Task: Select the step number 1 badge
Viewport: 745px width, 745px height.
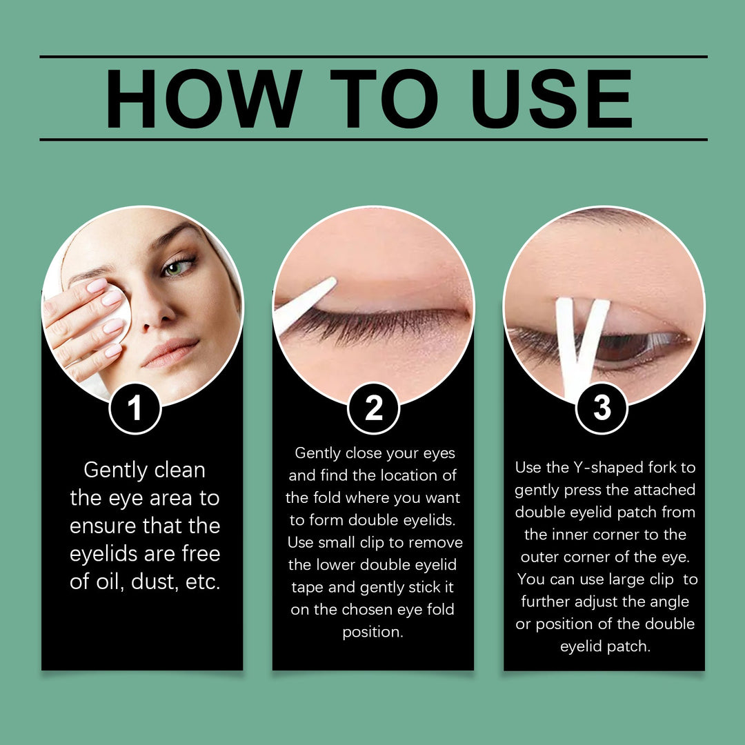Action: [135, 408]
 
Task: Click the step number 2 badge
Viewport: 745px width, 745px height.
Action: [373, 408]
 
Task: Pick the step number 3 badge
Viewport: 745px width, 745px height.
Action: [602, 408]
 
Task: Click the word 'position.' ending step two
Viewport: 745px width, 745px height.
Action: [372, 632]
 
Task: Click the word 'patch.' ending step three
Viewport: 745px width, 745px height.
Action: [625, 647]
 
